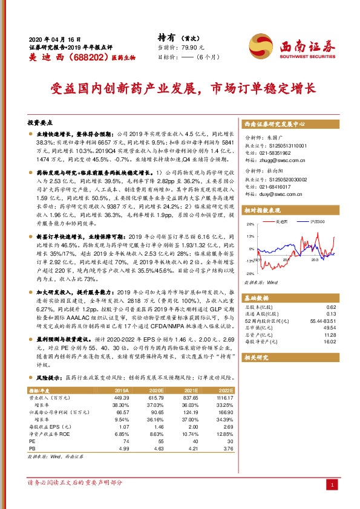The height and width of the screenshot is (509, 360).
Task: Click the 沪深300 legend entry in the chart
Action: [x=316, y=223]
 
